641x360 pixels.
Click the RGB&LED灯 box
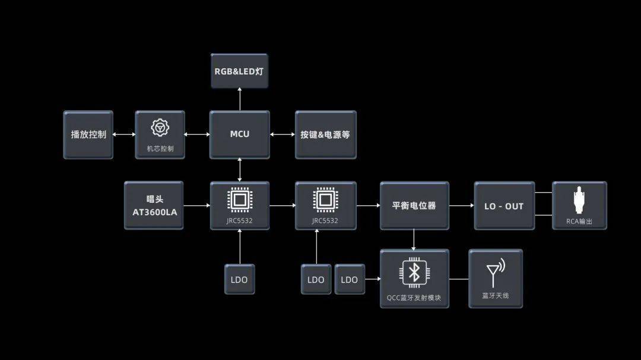pyautogui.click(x=240, y=71)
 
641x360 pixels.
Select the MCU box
pyautogui.click(x=240, y=135)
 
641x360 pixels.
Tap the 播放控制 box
pyautogui.click(x=88, y=135)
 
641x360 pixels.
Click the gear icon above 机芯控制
pyautogui.click(x=160, y=128)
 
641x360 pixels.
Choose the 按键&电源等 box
pyautogui.click(x=325, y=135)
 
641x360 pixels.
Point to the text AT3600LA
pyautogui.click(x=154, y=212)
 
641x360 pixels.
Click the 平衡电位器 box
pyautogui.click(x=414, y=206)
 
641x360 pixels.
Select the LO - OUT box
pyautogui.click(x=504, y=206)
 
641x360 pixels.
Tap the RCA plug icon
pyautogui.click(x=579, y=200)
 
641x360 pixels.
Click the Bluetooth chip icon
pyautogui.click(x=414, y=273)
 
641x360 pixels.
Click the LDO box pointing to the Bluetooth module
pyautogui.click(x=350, y=279)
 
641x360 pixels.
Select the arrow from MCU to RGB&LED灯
pyautogui.click(x=240, y=99)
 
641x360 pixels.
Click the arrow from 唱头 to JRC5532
pyautogui.click(x=196, y=206)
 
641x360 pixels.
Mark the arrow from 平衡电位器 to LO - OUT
pyautogui.click(x=462, y=206)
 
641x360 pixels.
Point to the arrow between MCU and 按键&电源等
pyautogui.click(x=283, y=135)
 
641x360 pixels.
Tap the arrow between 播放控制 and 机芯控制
pyautogui.click(x=124, y=135)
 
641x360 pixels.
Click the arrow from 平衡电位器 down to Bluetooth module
pyautogui.click(x=414, y=240)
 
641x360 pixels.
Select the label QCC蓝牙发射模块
pyautogui.click(x=414, y=298)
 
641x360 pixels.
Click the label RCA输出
pyautogui.click(x=579, y=221)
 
